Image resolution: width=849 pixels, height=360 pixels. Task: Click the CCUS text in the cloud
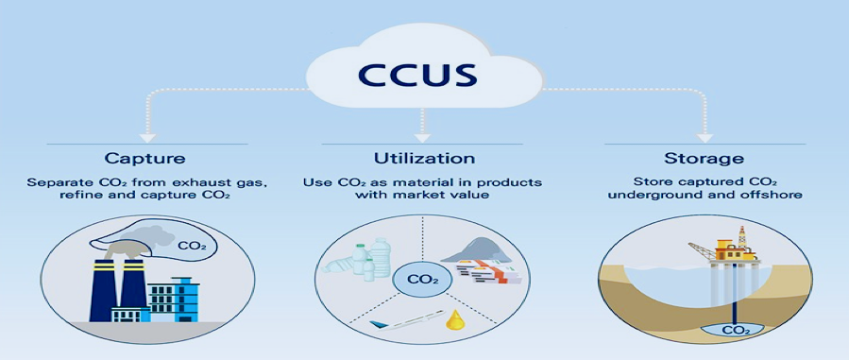416,76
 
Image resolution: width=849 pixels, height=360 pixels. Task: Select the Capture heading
144,159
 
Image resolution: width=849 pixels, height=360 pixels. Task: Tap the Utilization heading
424,158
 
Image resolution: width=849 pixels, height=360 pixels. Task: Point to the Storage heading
704,159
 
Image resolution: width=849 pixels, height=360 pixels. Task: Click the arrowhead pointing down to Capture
146,138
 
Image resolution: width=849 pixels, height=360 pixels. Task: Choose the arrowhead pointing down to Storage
704,138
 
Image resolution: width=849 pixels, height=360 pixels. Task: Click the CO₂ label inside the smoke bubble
193,247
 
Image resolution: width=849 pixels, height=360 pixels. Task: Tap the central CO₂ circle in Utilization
422,281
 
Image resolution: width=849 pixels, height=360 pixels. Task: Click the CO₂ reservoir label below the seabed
729,330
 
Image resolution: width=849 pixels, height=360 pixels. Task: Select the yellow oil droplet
452,320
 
